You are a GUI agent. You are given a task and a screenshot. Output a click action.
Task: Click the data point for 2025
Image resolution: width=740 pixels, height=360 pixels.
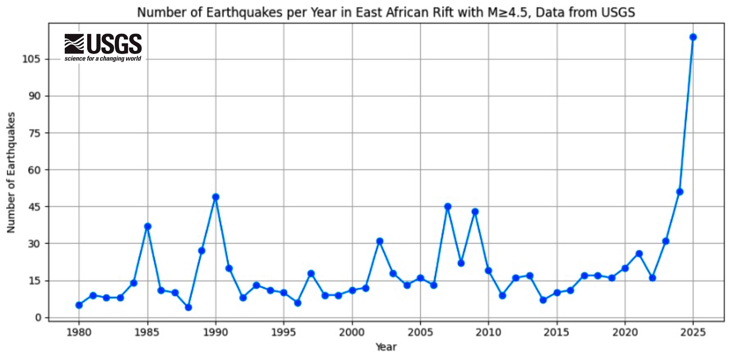click(x=693, y=37)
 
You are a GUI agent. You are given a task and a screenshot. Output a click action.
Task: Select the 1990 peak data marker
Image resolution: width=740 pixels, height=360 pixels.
click(x=216, y=197)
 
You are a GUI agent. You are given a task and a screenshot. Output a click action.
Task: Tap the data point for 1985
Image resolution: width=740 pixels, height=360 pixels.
click(x=147, y=226)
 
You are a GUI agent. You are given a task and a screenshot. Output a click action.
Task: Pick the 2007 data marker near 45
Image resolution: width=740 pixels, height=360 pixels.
click(x=448, y=207)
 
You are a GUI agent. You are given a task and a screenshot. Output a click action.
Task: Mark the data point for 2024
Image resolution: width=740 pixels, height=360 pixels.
click(x=680, y=192)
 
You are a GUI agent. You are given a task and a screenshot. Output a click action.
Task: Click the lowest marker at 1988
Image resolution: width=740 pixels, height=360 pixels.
click(x=188, y=308)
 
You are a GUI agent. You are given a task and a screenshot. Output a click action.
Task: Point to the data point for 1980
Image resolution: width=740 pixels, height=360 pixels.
click(x=79, y=305)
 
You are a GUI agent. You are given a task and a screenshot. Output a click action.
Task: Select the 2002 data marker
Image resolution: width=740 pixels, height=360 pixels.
click(x=379, y=241)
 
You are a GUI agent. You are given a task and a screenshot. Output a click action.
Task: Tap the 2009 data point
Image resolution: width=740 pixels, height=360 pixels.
click(x=475, y=212)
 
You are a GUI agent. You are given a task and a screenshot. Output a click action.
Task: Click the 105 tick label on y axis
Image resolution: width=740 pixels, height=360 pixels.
click(x=31, y=59)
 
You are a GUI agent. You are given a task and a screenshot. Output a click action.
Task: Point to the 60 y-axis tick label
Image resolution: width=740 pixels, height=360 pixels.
click(x=34, y=170)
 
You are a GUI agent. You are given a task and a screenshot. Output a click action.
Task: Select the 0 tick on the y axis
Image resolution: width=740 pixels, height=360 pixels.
click(x=38, y=318)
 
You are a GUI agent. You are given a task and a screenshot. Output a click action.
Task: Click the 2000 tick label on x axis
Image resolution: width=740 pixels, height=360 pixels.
click(x=352, y=333)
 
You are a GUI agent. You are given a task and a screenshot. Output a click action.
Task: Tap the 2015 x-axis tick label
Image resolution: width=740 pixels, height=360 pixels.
click(x=556, y=333)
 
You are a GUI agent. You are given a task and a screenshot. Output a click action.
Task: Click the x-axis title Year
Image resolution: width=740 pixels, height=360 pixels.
click(x=386, y=347)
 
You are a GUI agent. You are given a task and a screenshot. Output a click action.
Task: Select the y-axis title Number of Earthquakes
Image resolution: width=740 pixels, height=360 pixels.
click(x=11, y=173)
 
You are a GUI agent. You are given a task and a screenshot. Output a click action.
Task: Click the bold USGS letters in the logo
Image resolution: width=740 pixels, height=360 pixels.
click(x=114, y=44)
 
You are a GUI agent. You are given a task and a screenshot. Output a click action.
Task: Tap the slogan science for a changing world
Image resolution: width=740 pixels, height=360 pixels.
click(x=103, y=59)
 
